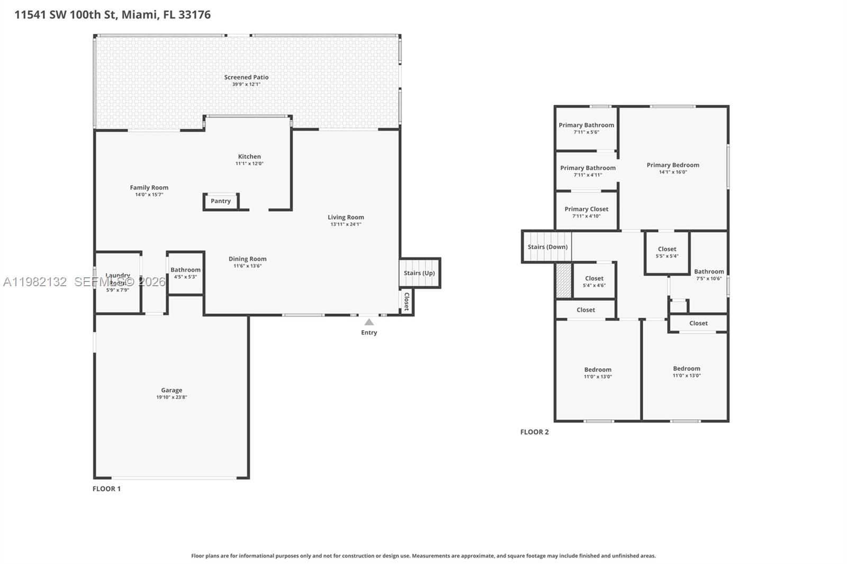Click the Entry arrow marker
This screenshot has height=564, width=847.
tap(369, 322)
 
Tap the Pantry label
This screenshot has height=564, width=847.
tap(221, 201)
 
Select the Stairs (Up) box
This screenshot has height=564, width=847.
tap(419, 273)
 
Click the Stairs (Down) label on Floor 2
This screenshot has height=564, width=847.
tap(547, 247)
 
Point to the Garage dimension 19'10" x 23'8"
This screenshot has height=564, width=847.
tap(172, 397)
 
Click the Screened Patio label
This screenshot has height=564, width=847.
tap(246, 77)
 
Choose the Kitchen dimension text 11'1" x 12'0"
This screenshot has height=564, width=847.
tap(249, 163)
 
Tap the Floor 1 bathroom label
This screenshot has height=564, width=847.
tap(185, 270)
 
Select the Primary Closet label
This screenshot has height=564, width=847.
tap(586, 209)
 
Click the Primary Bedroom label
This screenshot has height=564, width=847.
tap(673, 165)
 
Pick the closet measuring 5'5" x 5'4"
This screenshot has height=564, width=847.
tap(667, 252)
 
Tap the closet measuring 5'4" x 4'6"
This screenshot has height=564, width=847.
tap(594, 281)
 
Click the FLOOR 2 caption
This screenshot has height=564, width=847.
tap(534, 432)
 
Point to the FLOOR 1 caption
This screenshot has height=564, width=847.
tap(106, 488)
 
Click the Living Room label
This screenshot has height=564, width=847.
tap(346, 217)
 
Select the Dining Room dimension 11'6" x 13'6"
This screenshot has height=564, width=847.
tap(247, 266)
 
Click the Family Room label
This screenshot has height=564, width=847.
tap(149, 187)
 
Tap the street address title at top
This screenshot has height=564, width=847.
tap(112, 14)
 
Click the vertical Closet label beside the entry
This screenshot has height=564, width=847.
tap(407, 301)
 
